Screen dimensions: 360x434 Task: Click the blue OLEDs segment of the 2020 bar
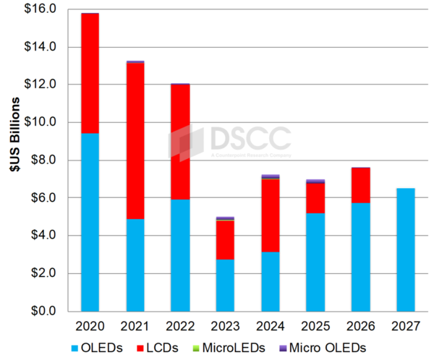coord(90,222)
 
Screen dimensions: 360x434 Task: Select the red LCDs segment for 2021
coord(135,141)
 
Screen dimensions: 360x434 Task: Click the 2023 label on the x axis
coord(225,326)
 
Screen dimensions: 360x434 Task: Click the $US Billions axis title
coord(13,160)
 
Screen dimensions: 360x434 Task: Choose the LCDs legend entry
coord(176,347)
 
